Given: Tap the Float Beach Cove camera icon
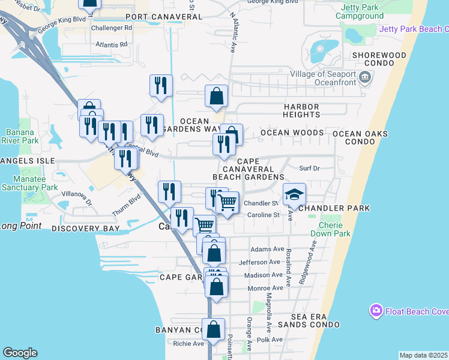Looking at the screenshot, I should coord(376,311).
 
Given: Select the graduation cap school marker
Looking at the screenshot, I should coord(294,194).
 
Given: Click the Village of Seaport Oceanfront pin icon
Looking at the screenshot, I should coord(365,77).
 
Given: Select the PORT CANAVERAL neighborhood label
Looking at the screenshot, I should coord(163,17).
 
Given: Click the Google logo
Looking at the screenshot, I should coord(20,353).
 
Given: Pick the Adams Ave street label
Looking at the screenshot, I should coord(267,249).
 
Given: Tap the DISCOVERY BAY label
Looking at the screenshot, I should coord(85,229).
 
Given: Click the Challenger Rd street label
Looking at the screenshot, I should coord(112,28).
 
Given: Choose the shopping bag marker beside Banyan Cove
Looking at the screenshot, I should coord(213,330).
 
